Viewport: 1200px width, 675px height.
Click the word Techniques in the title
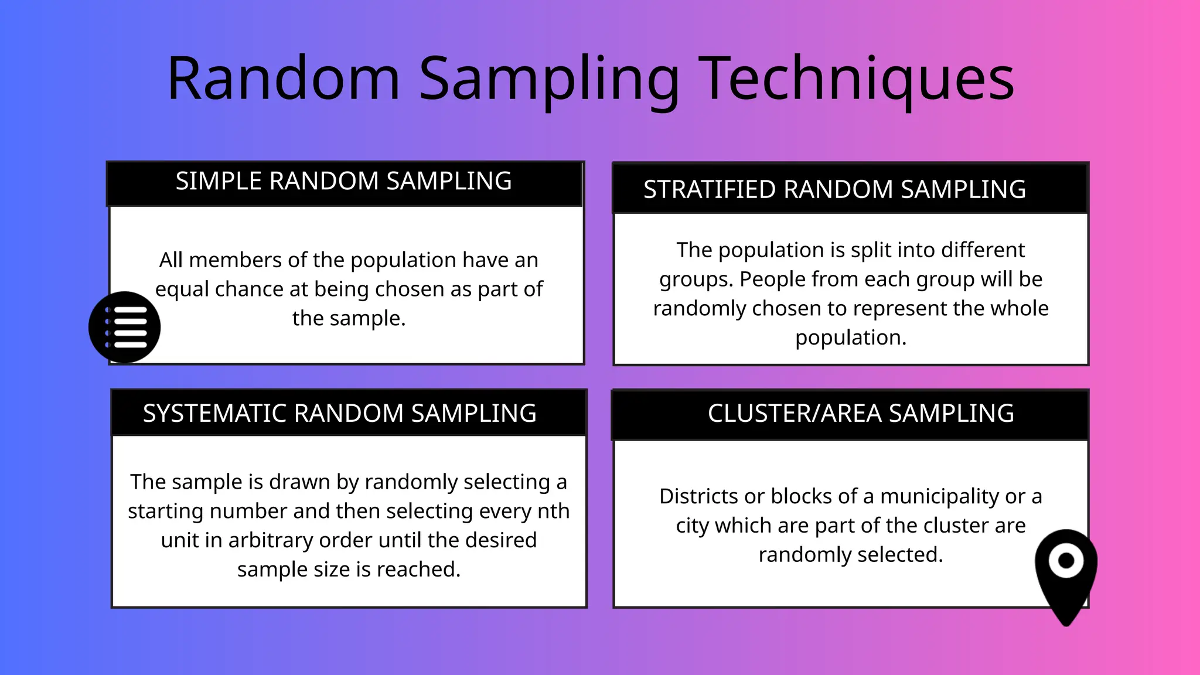click(857, 79)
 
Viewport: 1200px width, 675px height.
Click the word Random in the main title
click(284, 79)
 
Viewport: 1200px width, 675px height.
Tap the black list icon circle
click(125, 327)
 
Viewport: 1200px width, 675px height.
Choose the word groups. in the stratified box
click(696, 279)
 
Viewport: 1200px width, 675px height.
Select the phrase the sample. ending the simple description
click(349, 318)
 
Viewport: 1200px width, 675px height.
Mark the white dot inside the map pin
click(1066, 561)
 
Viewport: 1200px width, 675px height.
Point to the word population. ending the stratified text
click(850, 338)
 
